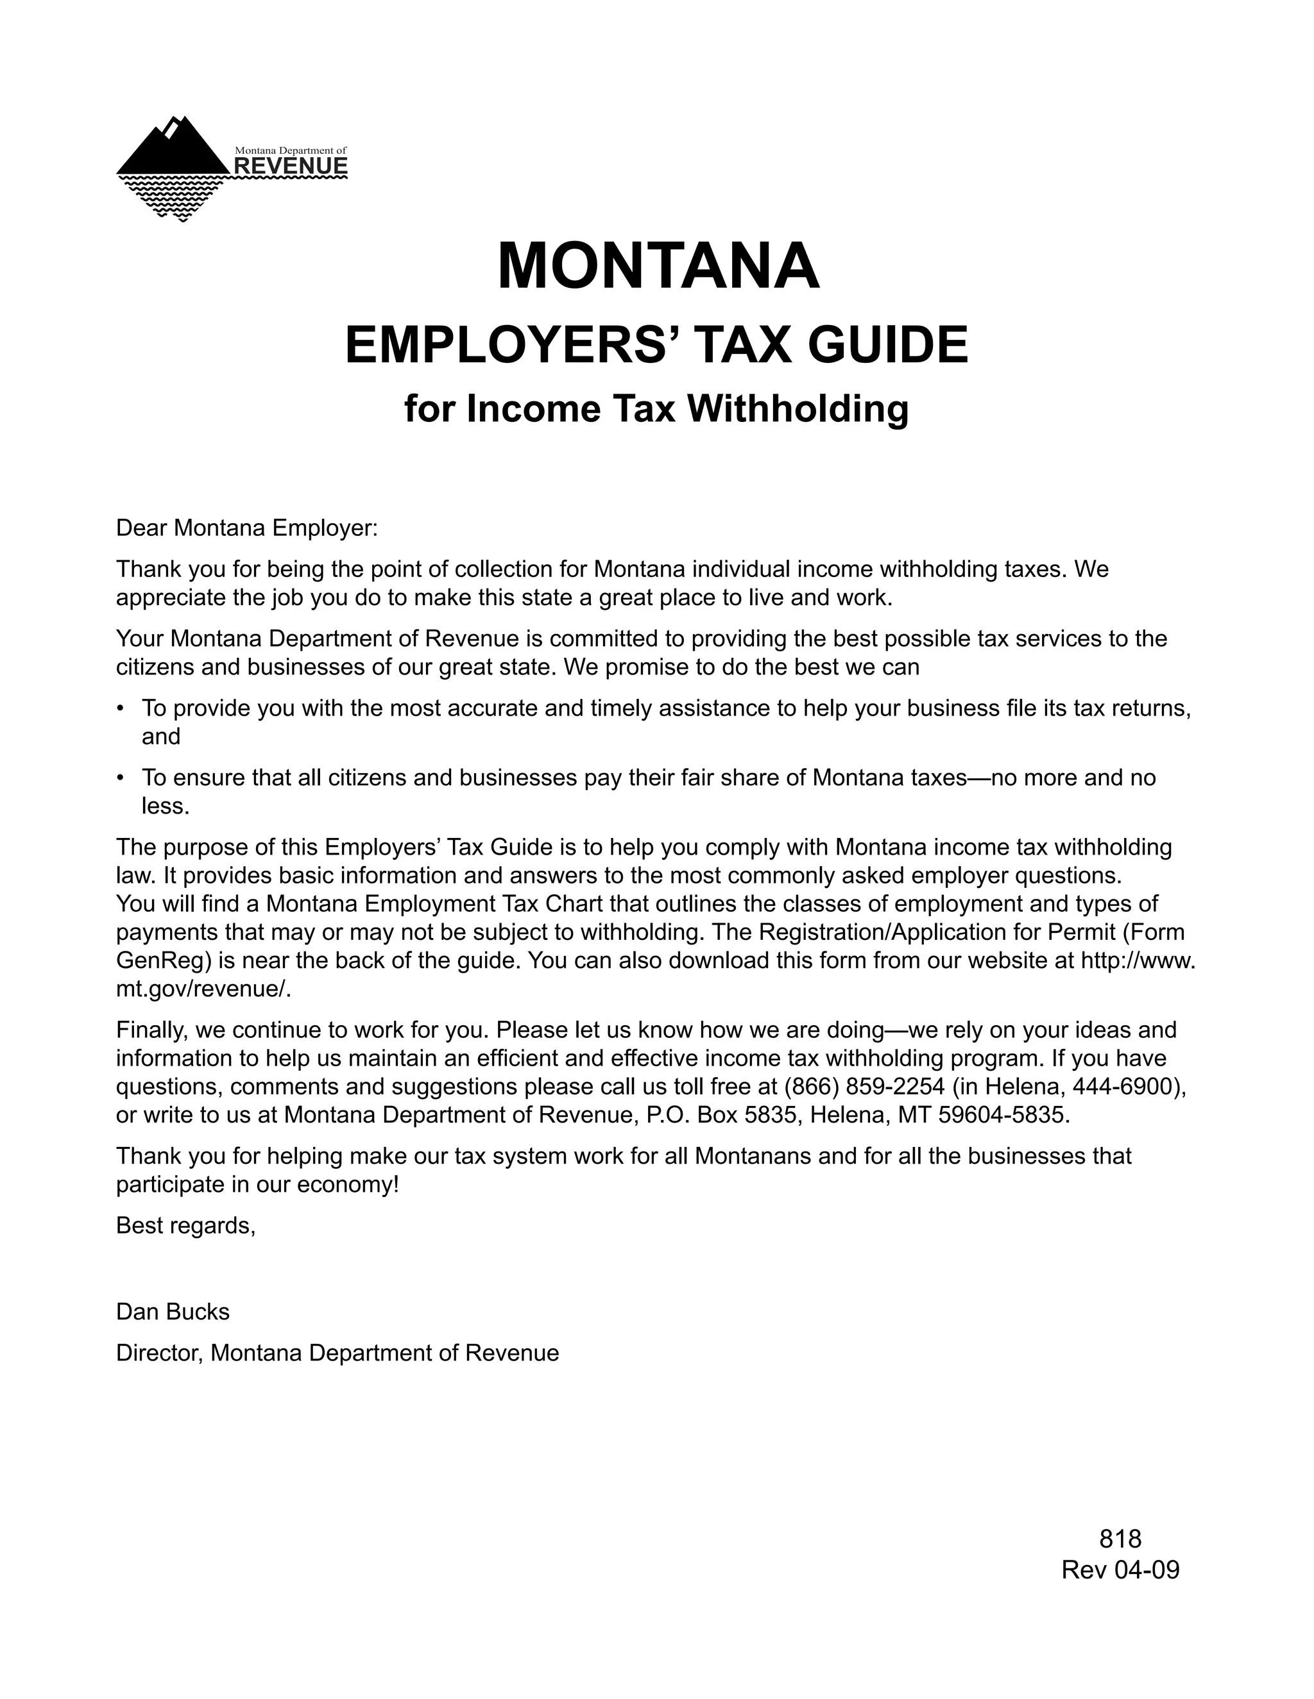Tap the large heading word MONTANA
tap(658, 267)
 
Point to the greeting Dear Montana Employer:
tap(247, 528)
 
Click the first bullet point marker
tap(121, 708)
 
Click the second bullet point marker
tap(121, 778)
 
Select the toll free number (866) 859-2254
tap(864, 1087)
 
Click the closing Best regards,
tap(186, 1226)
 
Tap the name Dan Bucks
tap(173, 1312)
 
